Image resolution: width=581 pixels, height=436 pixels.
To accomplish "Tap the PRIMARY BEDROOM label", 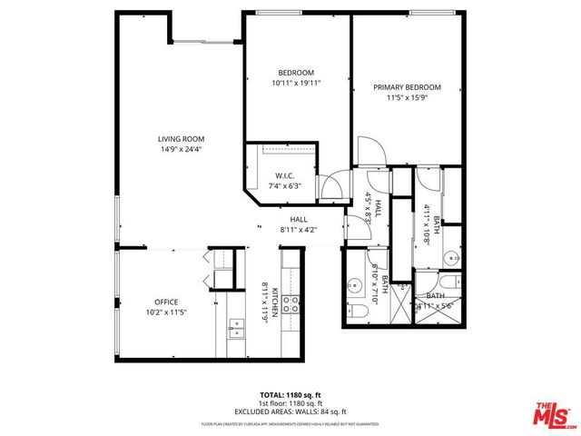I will click(x=407, y=87).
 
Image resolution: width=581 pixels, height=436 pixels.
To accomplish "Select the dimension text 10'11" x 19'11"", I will click(x=296, y=83).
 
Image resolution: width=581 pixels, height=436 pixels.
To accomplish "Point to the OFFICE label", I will click(x=165, y=302).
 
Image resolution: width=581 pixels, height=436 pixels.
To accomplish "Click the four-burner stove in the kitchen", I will click(x=293, y=303).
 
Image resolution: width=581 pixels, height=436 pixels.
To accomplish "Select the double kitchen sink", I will click(x=235, y=327).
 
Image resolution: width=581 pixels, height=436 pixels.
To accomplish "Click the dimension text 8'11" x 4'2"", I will click(x=299, y=230).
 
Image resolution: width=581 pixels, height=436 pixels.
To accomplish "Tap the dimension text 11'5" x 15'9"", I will click(x=407, y=97).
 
